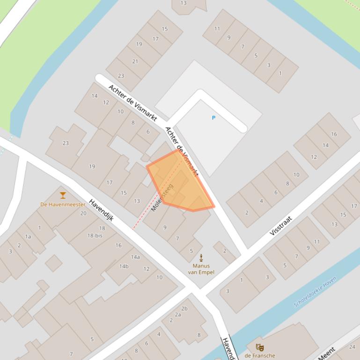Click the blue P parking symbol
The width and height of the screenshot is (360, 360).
pos(213,118)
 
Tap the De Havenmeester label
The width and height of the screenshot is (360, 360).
pos(63,204)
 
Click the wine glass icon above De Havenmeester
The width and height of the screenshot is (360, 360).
pos(63,195)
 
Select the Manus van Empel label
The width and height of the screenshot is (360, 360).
pos(201,269)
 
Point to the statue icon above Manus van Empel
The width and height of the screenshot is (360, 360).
pos(201,258)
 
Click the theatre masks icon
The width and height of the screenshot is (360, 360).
pos(259,347)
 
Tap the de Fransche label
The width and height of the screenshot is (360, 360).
pos(259,356)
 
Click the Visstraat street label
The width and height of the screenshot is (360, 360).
pos(281,225)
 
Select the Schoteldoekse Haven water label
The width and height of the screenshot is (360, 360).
pos(315,292)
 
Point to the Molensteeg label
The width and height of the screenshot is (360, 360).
pos(162,197)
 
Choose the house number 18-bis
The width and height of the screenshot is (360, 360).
pos(95,236)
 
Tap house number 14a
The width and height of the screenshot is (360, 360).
pos(135,257)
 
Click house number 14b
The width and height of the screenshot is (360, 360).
pos(124,266)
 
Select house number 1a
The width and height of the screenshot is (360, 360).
pos(28,237)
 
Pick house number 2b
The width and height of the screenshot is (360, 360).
pos(184,308)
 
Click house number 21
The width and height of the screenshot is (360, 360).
pos(135,61)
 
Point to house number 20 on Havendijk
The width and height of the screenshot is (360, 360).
pos(83,213)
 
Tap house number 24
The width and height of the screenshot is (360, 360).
pos(352,347)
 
